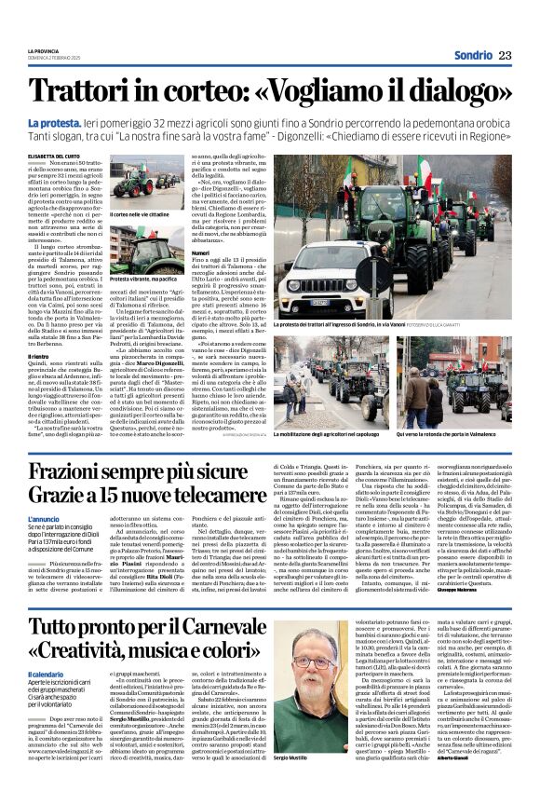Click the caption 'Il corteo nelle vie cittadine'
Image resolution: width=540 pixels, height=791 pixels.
pyautogui.click(x=140, y=214)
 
